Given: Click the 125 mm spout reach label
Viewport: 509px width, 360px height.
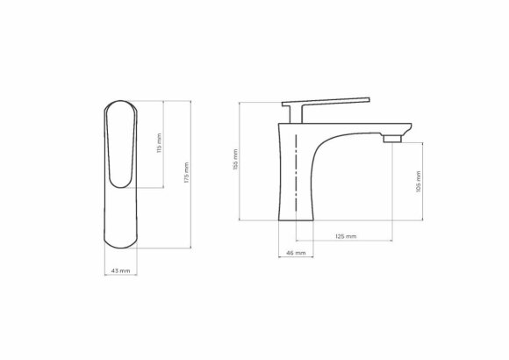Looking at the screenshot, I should click(x=345, y=236).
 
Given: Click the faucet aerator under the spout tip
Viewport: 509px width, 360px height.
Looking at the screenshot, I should click(x=391, y=138).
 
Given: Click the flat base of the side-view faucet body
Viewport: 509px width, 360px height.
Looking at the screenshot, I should click(x=297, y=218).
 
